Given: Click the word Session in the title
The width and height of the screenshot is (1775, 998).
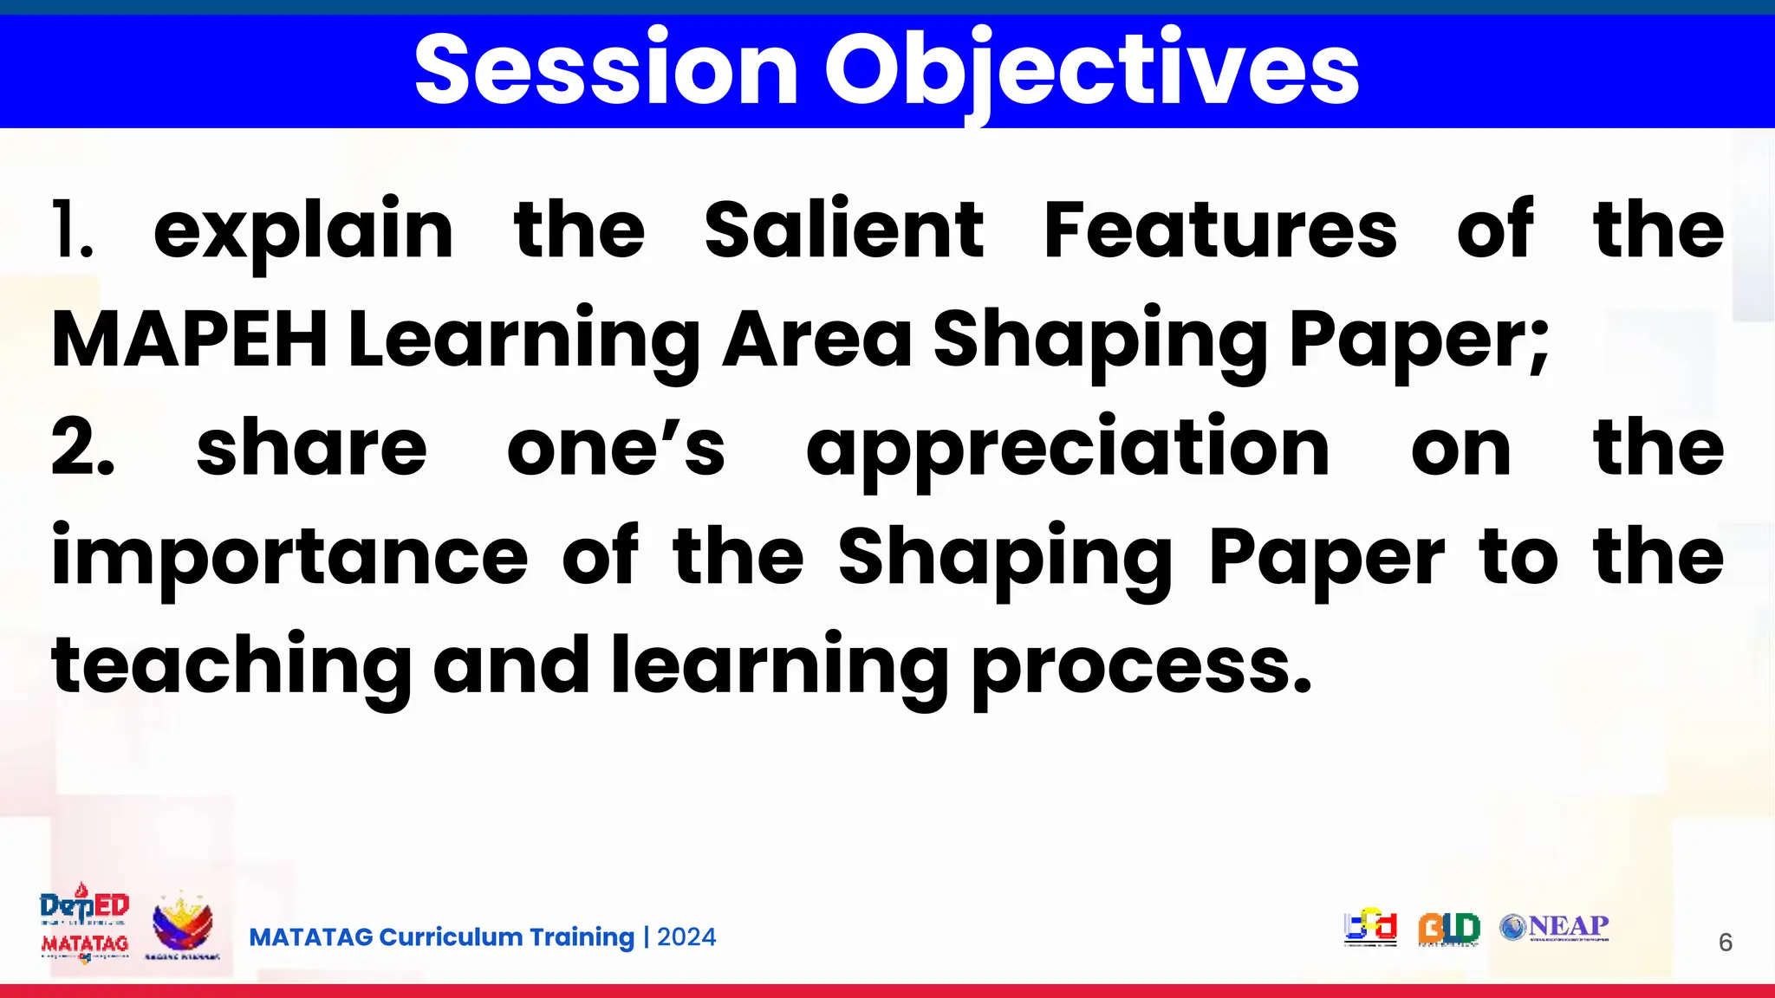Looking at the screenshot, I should coord(606,69).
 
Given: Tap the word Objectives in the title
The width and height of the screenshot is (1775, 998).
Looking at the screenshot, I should coord(1091,69).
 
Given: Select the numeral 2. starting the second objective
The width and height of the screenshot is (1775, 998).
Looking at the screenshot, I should coord(82,449).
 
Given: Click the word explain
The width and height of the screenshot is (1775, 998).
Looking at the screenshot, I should coord(303,230).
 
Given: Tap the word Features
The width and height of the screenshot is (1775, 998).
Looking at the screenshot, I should coord(1220,230).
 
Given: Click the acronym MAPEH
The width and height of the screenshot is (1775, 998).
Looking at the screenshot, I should coord(190,340).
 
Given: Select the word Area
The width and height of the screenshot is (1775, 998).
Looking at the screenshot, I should coord(817,340).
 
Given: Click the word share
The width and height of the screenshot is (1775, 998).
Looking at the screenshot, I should coord(311,449).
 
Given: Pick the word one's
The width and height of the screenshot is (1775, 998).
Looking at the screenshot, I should coord(615,449).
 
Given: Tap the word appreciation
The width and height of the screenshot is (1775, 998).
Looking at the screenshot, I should coord(1067,449).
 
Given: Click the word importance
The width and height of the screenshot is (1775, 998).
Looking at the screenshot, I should coord(289,558).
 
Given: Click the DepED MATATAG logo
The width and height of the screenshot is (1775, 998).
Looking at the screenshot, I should coord(85,925).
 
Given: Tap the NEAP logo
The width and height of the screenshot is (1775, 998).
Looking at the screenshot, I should coord(1555,927).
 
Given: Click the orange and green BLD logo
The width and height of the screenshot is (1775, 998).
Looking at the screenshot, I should coord(1448,929).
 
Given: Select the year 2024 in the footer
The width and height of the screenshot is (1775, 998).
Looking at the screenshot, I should coord(686,937).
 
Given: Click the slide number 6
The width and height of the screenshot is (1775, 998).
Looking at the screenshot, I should coord(1725,943).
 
